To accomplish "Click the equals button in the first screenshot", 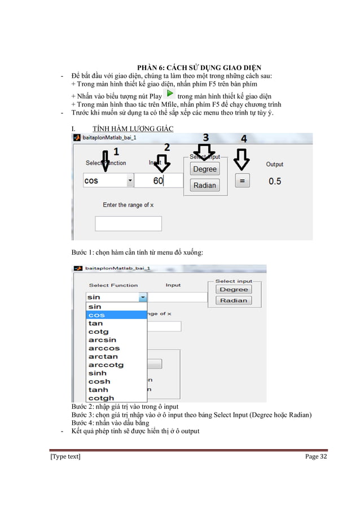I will (x=242, y=181).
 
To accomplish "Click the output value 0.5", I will (x=275, y=181).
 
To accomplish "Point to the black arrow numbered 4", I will (x=242, y=158).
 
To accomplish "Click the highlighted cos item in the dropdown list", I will (x=116, y=315).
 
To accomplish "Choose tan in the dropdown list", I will (x=96, y=324).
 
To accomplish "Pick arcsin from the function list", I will (x=102, y=340).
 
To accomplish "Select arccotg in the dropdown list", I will (x=106, y=365).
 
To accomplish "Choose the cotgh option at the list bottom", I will (x=101, y=398).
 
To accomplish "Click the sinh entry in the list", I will (x=98, y=373).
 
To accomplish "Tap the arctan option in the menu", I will (x=103, y=356).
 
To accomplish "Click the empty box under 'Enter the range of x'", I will (x=128, y=224).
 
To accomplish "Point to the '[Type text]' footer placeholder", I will (x=65, y=456).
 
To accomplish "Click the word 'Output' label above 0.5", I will (x=275, y=164).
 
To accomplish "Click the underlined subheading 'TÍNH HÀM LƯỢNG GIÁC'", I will (x=125, y=129).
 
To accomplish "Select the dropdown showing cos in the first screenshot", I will (x=108, y=181).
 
